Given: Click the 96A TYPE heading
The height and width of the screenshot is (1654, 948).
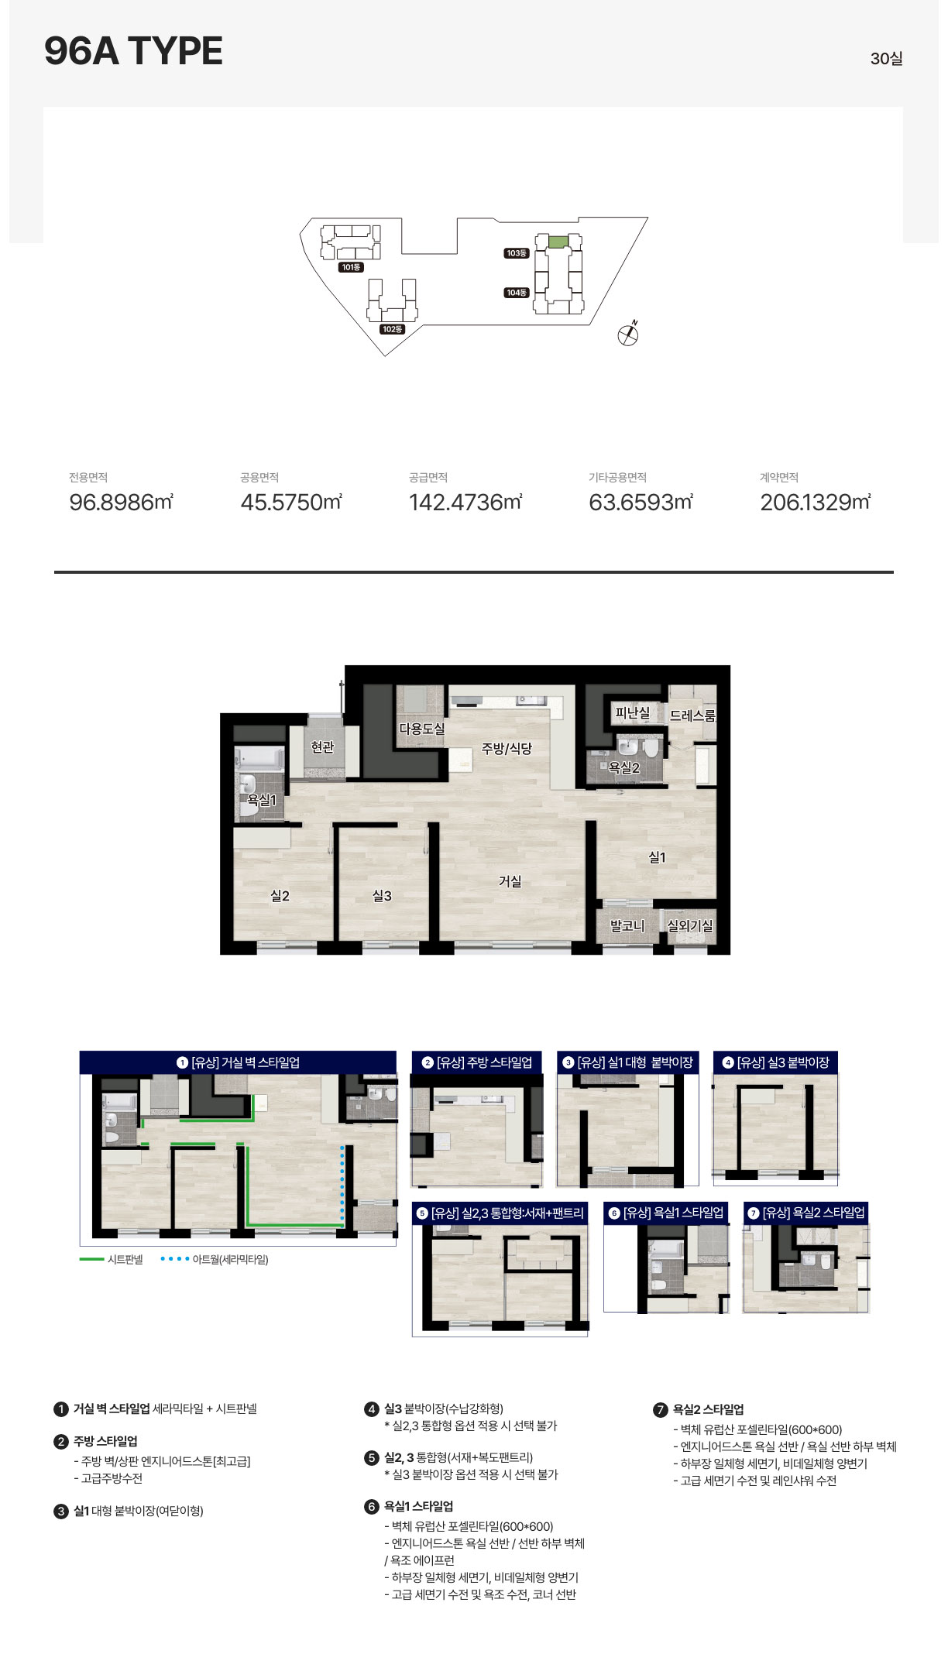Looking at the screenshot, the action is pyautogui.click(x=133, y=51).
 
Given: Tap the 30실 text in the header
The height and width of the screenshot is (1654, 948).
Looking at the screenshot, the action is pyautogui.click(x=886, y=59).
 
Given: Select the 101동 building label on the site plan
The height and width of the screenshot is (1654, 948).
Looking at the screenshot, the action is pyautogui.click(x=351, y=267).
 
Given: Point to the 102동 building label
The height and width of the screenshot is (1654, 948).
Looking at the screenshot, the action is pyautogui.click(x=393, y=329).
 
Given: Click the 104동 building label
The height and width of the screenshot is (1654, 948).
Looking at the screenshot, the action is pyautogui.click(x=517, y=293).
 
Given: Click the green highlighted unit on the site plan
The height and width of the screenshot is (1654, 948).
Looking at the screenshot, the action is pyautogui.click(x=558, y=242).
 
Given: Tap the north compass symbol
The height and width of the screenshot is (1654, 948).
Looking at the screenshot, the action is pyautogui.click(x=628, y=334).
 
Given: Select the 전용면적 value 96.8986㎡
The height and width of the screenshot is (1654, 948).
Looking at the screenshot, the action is pyautogui.click(x=121, y=502).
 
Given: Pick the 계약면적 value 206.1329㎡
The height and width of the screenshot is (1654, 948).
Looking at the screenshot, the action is pyautogui.click(x=815, y=502).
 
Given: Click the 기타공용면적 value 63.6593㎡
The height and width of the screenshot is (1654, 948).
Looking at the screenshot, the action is pyautogui.click(x=641, y=502).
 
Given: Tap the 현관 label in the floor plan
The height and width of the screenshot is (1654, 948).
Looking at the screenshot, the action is pyautogui.click(x=322, y=746).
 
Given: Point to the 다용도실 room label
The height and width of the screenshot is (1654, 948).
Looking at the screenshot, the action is pyautogui.click(x=422, y=729).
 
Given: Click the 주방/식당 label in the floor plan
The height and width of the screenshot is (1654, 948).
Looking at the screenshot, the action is pyautogui.click(x=507, y=748).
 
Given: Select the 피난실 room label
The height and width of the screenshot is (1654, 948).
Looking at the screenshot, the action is pyautogui.click(x=633, y=712).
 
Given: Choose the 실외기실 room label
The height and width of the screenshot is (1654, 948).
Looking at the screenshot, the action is pyautogui.click(x=690, y=925).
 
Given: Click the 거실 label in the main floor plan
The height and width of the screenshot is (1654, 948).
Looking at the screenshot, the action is pyautogui.click(x=510, y=881).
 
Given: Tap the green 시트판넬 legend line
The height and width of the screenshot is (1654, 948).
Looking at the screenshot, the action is pyautogui.click(x=91, y=1259).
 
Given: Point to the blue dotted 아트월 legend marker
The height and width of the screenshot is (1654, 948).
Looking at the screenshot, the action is pyautogui.click(x=174, y=1259).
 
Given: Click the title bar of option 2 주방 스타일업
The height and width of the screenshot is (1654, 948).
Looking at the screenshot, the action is pyautogui.click(x=476, y=1062).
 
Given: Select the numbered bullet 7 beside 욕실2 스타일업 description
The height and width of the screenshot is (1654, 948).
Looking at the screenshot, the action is pyautogui.click(x=660, y=1410).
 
